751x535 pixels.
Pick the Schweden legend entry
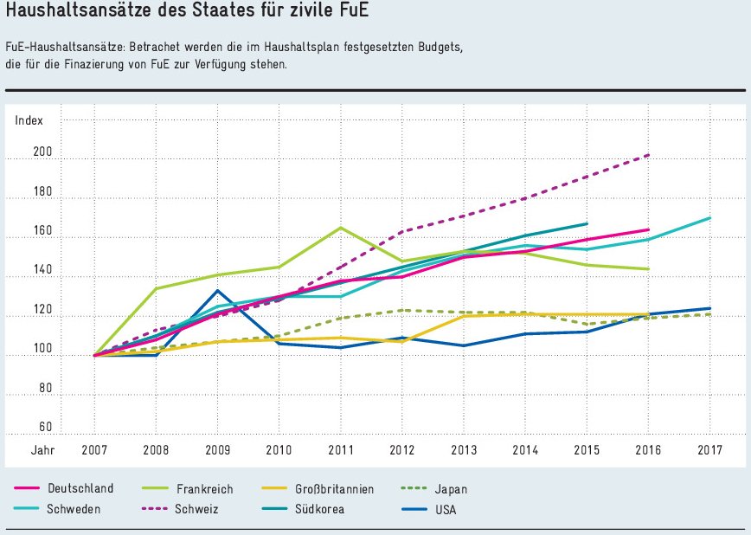pyautogui.click(x=74, y=509)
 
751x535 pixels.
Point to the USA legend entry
pyautogui.click(x=446, y=509)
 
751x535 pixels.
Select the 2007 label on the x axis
pyautogui.click(x=94, y=450)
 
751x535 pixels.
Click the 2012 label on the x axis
pyautogui.click(x=401, y=450)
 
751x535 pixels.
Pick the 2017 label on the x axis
pyautogui.click(x=709, y=450)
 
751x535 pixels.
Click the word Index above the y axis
pyautogui.click(x=29, y=120)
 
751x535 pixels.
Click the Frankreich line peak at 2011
pyautogui.click(x=340, y=228)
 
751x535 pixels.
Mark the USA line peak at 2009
pyautogui.click(x=218, y=291)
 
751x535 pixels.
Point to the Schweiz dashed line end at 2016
pyautogui.click(x=649, y=155)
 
